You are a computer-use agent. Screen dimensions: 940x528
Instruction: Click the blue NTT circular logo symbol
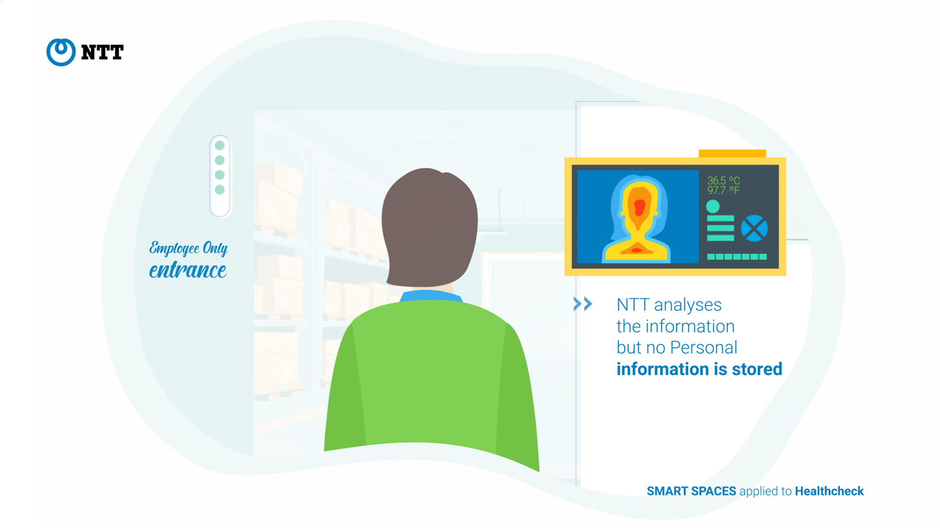click(61, 52)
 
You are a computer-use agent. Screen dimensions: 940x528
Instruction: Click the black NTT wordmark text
click(102, 52)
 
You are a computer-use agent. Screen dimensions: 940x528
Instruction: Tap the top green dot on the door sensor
click(220, 145)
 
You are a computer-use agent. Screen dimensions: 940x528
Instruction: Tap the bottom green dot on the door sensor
click(220, 190)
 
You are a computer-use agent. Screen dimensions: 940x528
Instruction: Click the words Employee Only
click(188, 248)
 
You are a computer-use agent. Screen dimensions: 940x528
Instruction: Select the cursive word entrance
click(188, 270)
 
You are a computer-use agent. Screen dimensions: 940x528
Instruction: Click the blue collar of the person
click(430, 295)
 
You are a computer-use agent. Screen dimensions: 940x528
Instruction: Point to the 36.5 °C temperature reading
click(723, 181)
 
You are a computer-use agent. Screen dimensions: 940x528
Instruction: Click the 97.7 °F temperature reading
click(723, 190)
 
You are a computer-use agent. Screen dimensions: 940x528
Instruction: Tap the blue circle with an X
click(754, 228)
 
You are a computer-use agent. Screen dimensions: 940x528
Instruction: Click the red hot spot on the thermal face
click(639, 208)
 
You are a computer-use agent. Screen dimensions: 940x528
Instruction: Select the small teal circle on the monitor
click(713, 206)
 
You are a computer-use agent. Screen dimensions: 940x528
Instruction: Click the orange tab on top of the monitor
click(732, 153)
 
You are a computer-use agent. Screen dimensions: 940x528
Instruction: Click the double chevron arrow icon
click(583, 304)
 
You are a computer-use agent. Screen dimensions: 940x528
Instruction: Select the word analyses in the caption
click(687, 305)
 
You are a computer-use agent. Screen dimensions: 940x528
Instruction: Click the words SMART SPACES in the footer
click(691, 491)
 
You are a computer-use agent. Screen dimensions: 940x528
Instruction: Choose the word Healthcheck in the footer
click(829, 491)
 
